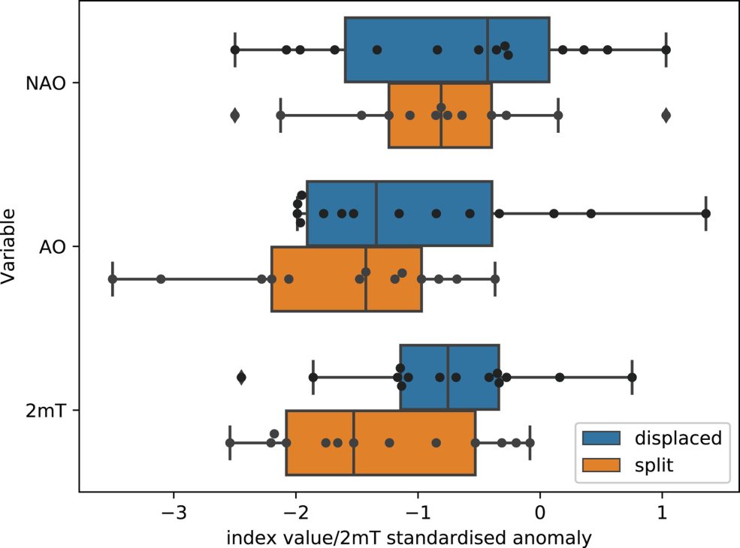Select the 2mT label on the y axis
[49, 410]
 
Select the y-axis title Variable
[11, 246]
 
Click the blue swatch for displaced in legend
[599, 438]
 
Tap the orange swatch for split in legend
[599, 465]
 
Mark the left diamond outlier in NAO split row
[234, 115]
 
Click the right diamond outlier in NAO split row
[666, 115]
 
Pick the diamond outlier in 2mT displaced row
[241, 377]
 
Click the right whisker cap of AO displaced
[706, 213]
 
